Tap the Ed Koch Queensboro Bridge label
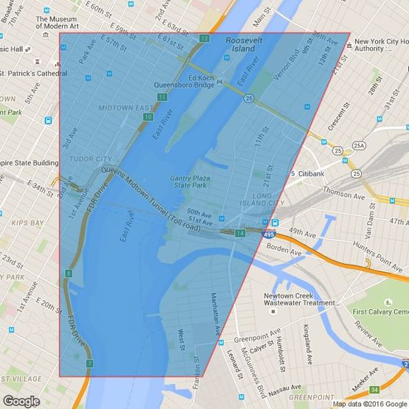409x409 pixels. click(x=184, y=80)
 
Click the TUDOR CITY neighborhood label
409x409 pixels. click(x=90, y=158)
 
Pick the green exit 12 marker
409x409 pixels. click(x=204, y=38)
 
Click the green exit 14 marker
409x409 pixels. click(x=240, y=233)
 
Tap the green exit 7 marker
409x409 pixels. click(x=90, y=363)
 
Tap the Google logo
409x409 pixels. click(x=21, y=401)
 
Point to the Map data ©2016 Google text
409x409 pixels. click(x=368, y=404)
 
